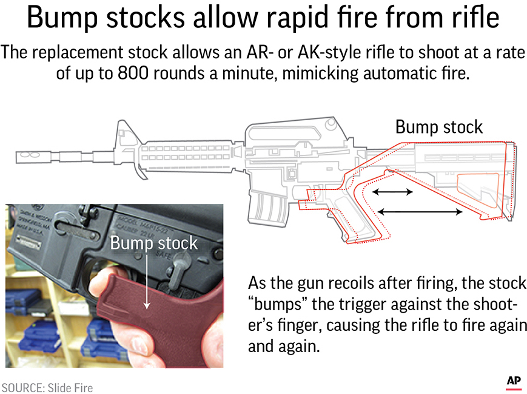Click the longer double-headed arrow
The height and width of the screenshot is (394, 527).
(x=419, y=212)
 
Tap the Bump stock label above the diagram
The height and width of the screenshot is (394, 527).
(x=438, y=127)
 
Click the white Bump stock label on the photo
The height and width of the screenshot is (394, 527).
(x=153, y=243)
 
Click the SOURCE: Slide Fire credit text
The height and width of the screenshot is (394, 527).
(x=47, y=387)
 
